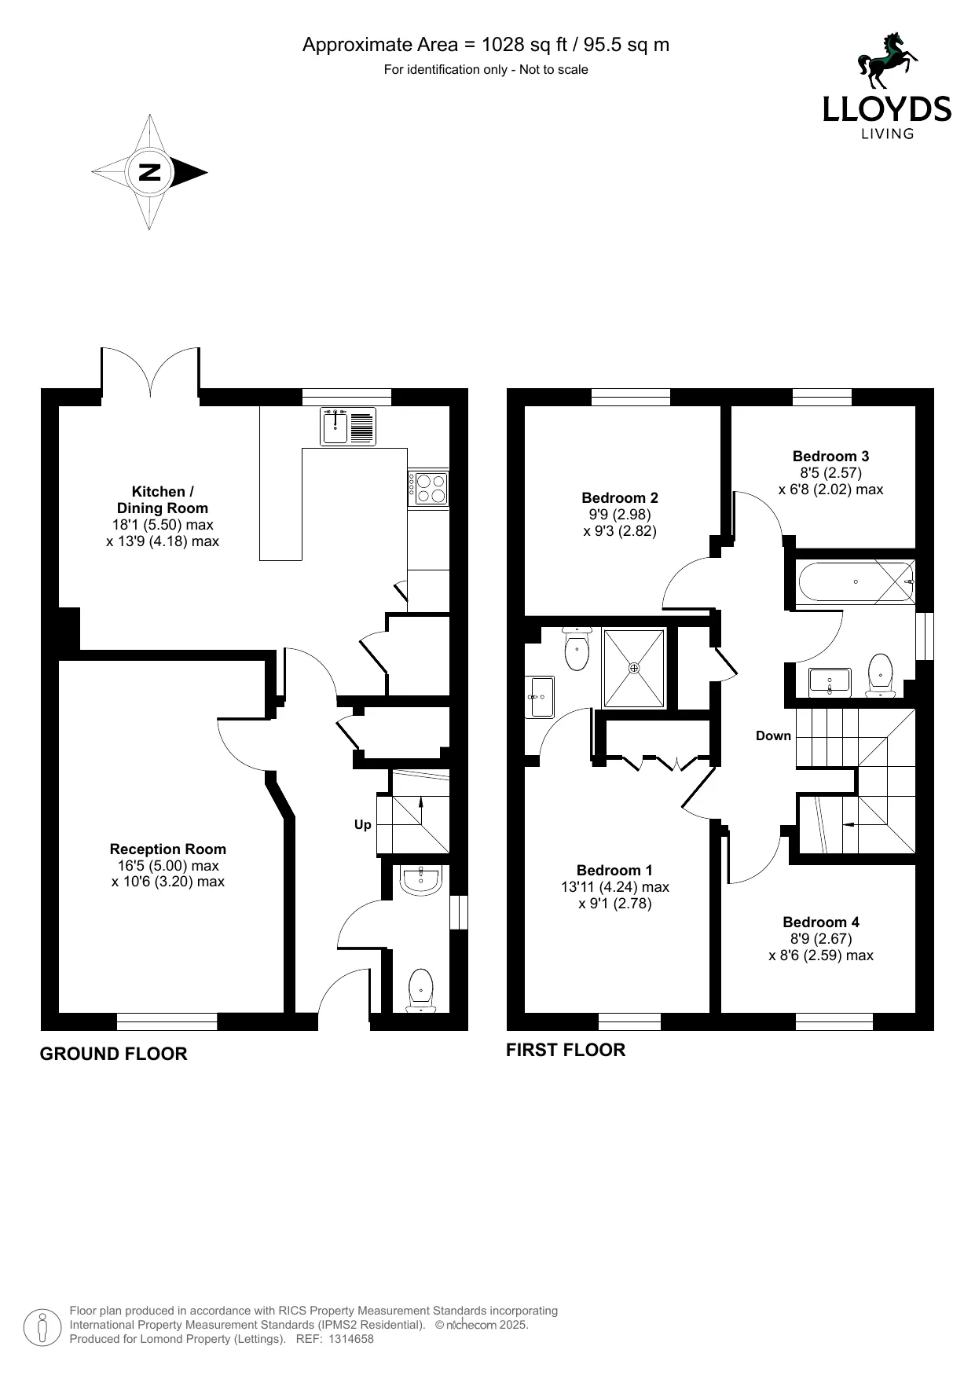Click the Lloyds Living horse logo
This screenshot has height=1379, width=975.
click(x=887, y=61)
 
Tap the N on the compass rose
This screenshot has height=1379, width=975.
click(x=149, y=172)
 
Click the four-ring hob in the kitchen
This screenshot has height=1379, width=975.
click(x=427, y=487)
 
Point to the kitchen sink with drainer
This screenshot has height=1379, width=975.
click(x=348, y=427)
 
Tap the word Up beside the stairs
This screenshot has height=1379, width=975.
click(x=362, y=825)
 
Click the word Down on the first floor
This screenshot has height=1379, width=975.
click(x=773, y=735)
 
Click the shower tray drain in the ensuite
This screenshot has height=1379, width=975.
click(x=634, y=668)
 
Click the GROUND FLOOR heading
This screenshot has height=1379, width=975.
click(x=114, y=1054)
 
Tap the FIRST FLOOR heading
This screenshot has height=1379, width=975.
click(x=566, y=1051)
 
